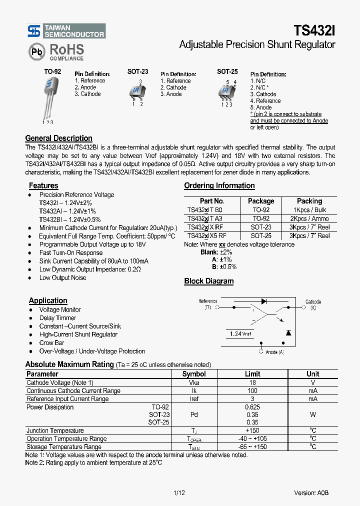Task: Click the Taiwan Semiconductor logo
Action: tap(66, 31)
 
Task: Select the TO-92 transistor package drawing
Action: tap(50, 97)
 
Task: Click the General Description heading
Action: tap(58, 138)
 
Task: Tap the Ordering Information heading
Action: tap(219, 186)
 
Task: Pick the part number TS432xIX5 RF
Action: tap(206, 235)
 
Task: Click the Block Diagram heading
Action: tap(208, 281)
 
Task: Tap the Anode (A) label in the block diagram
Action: tap(274, 352)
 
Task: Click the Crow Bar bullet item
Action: tap(51, 343)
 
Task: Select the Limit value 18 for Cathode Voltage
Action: tap(252, 382)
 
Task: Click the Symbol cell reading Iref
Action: tap(194, 399)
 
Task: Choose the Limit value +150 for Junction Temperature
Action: tap(252, 430)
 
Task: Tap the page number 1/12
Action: tap(179, 492)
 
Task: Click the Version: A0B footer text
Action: tap(311, 492)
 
